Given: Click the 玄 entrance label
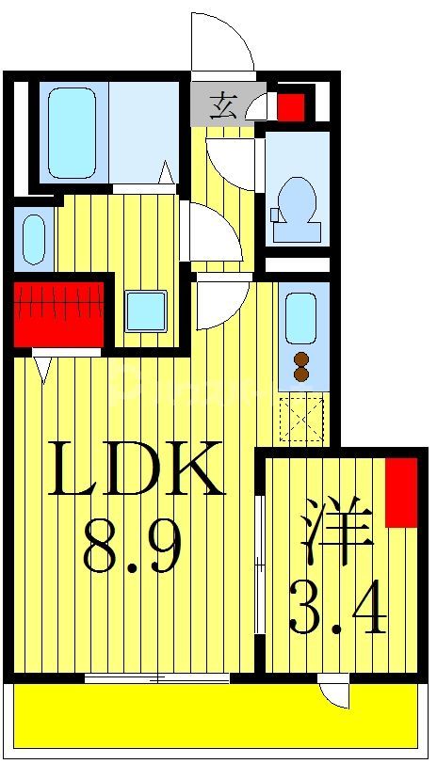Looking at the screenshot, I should (222, 104).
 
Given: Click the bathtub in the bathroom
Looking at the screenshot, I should (73, 133).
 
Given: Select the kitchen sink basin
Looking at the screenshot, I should (300, 318).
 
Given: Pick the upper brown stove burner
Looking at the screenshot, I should (301, 358).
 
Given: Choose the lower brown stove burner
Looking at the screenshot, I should (301, 374).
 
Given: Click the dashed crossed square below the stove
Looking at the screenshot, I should (301, 420).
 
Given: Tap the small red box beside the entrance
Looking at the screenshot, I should (291, 105).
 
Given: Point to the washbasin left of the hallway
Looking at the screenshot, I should (33, 239).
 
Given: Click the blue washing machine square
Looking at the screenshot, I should (146, 310).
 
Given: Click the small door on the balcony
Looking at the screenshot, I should (333, 694).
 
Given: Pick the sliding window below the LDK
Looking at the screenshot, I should (157, 677).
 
